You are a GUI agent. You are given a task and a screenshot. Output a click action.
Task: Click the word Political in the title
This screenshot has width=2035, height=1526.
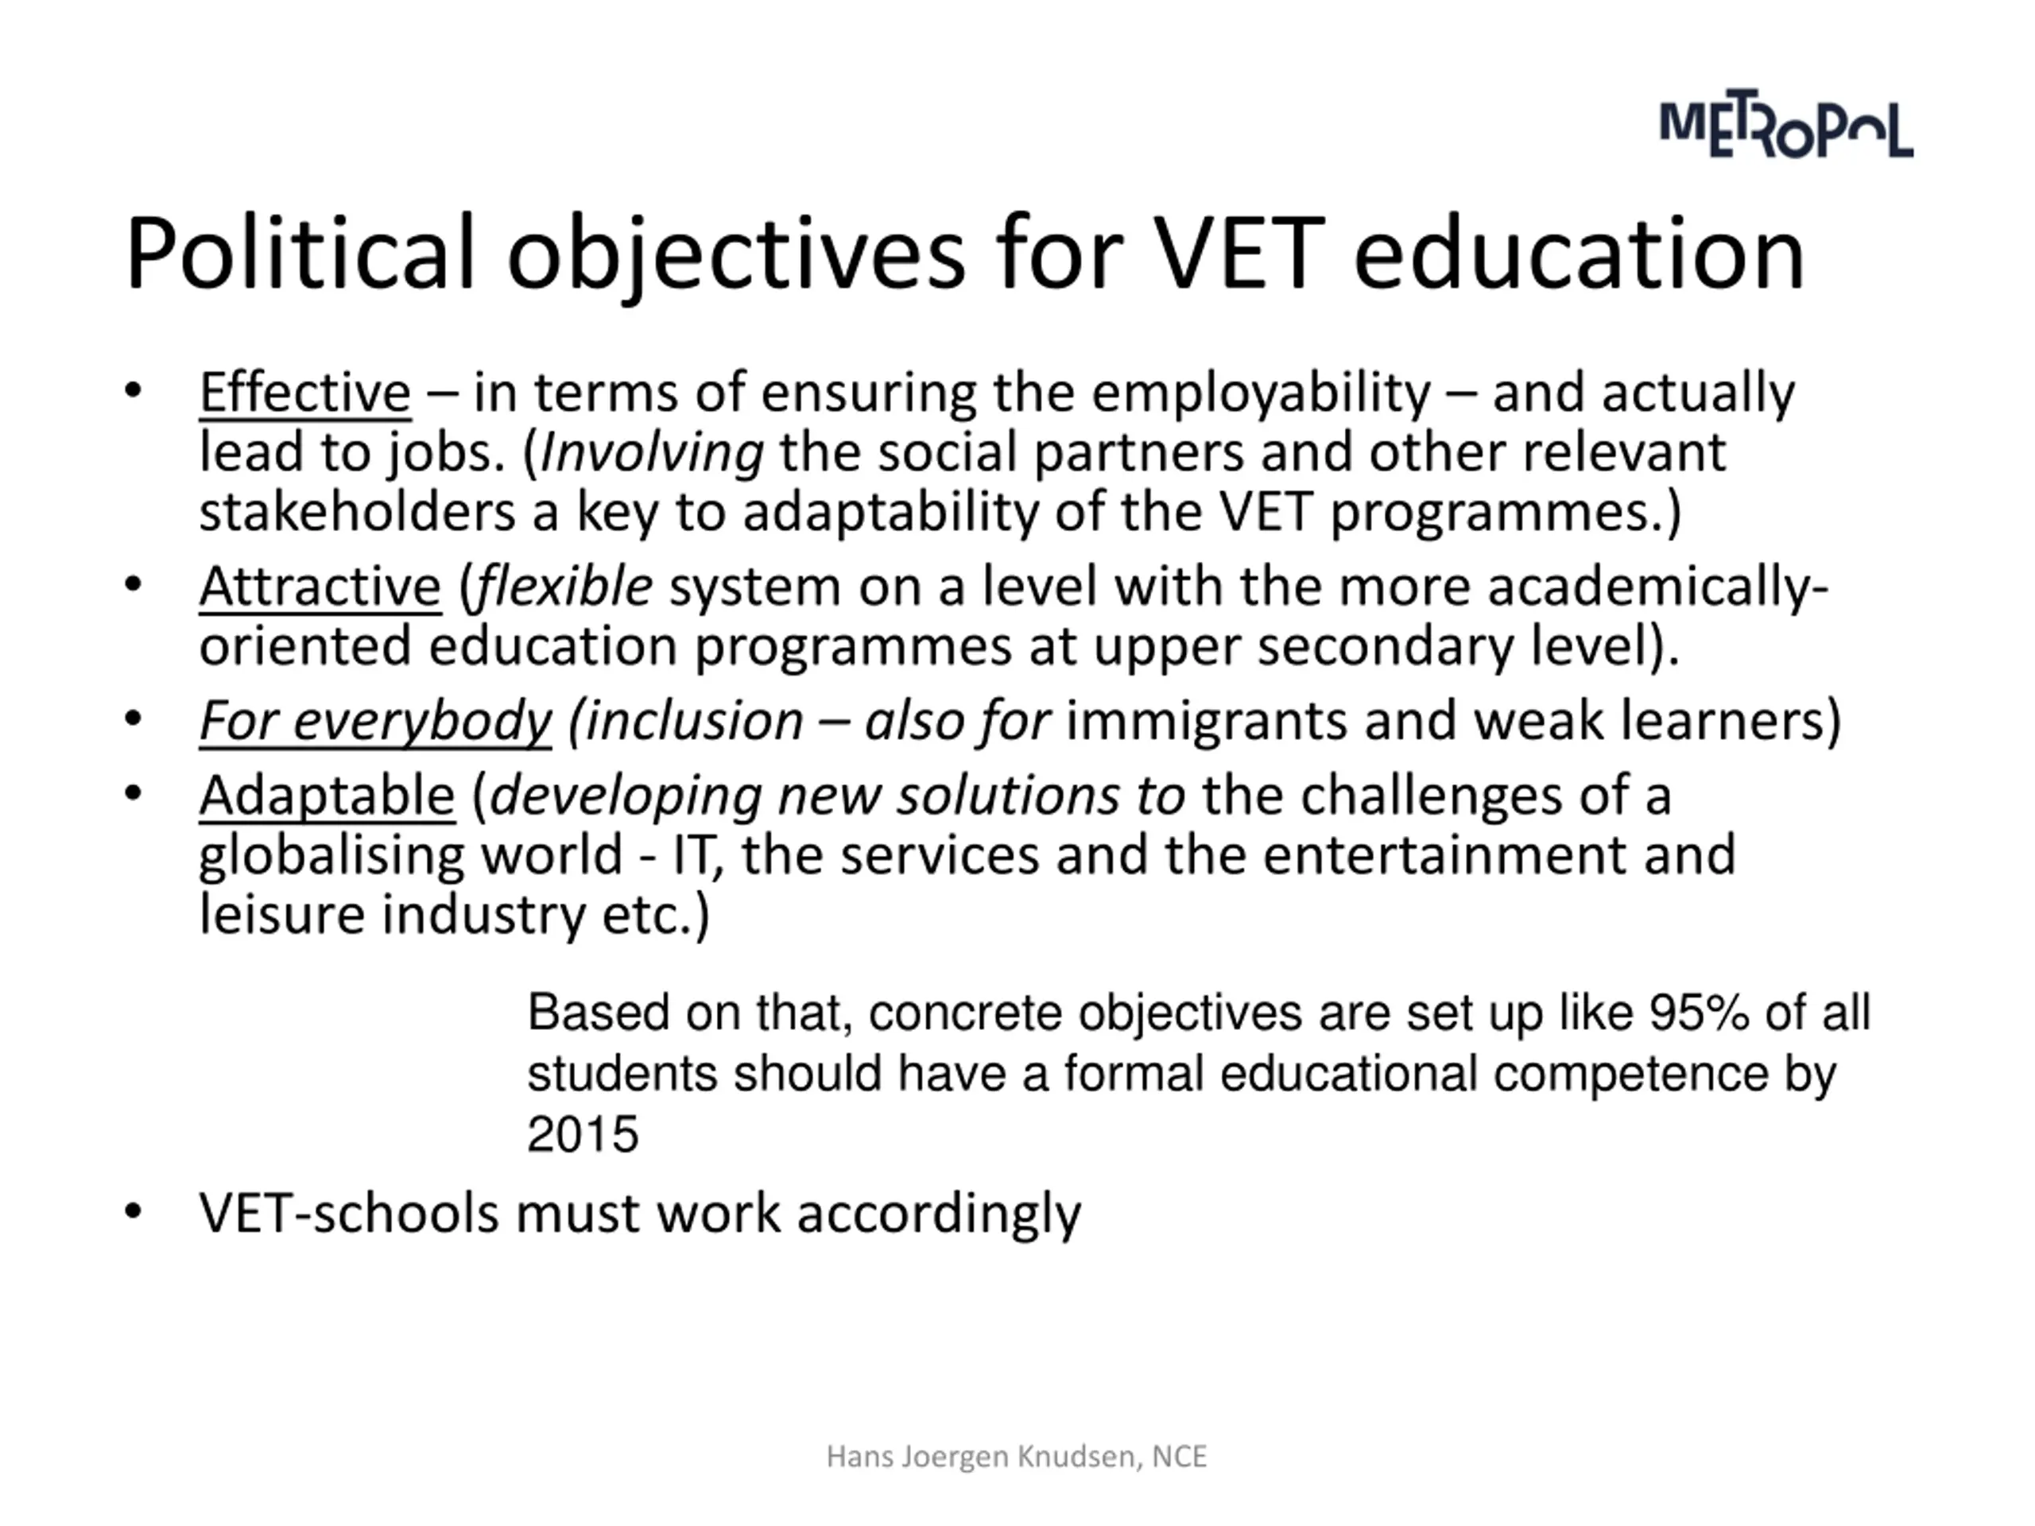click(300, 254)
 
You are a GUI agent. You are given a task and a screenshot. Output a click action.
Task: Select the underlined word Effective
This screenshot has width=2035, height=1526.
click(304, 393)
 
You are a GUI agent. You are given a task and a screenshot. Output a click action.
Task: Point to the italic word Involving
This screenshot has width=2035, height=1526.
click(651, 452)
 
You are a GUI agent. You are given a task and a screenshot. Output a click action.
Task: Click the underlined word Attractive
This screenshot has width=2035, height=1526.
click(320, 587)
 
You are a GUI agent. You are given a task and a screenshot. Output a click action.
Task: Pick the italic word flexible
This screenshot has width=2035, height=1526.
click(564, 587)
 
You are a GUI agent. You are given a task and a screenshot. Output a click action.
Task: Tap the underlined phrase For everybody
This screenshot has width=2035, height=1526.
click(375, 720)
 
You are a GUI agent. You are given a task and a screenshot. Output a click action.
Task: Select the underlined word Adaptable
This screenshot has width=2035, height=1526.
click(327, 796)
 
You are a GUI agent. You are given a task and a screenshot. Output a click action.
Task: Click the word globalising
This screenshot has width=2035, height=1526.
click(331, 855)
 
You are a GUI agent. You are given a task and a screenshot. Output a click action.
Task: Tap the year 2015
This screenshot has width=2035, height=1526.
click(583, 1133)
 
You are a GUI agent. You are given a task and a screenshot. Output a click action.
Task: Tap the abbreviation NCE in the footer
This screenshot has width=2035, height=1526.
click(1179, 1456)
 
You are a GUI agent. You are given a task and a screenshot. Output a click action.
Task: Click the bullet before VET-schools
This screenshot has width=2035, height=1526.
click(134, 1211)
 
